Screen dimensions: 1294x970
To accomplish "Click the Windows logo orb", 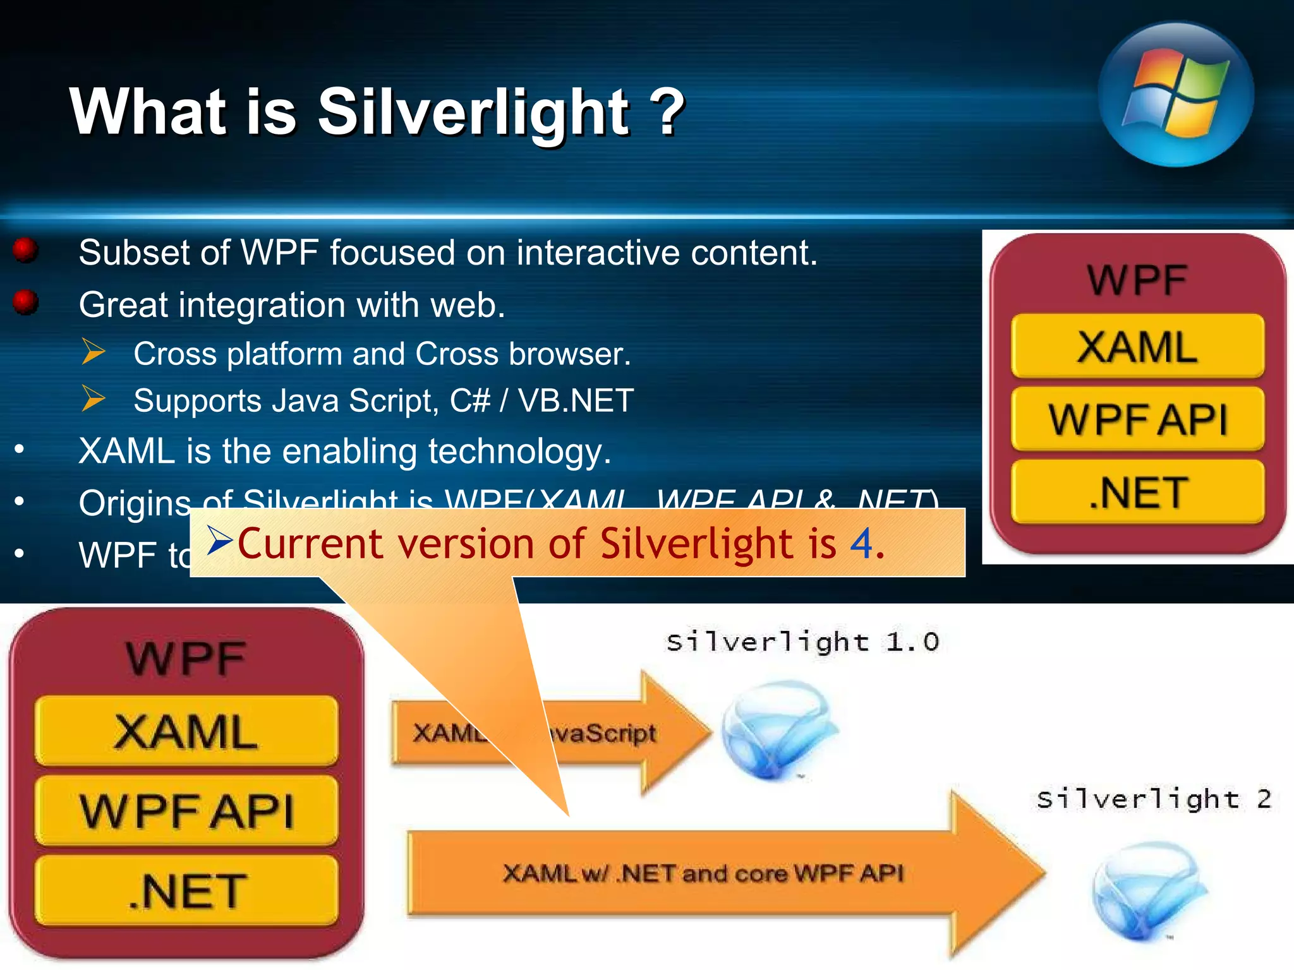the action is point(1175,95).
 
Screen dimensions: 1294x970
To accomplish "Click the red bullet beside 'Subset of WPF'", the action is point(26,250).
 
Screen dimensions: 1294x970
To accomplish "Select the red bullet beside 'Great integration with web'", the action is point(26,302).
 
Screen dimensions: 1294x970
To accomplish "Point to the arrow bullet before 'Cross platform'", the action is point(94,352).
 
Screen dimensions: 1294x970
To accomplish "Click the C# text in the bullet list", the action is point(469,400).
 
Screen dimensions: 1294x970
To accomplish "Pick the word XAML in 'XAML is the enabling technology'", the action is point(126,452).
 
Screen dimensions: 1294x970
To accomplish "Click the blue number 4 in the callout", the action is point(861,543).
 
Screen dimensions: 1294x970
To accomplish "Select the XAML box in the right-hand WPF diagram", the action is point(1137,347).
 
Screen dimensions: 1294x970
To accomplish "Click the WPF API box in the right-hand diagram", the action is point(1137,419).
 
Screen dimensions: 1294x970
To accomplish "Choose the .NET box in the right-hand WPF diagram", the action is point(1137,493).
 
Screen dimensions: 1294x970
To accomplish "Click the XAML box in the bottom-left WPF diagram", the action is point(186,731).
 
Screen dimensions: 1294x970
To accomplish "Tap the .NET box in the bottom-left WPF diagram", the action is point(186,890).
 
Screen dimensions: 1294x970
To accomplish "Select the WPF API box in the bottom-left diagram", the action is point(186,811).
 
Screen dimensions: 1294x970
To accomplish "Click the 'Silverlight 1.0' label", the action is point(802,642).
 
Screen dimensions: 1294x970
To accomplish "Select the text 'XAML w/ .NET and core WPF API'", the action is point(703,874).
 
